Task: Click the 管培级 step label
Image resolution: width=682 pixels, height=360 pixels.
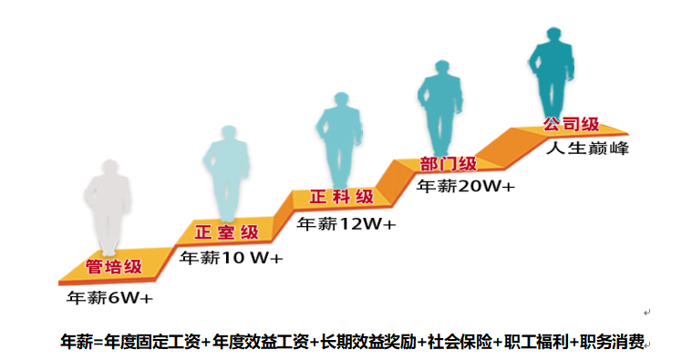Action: pyautogui.click(x=114, y=267)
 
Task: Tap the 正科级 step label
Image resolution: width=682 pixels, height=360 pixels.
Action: pyautogui.click(x=341, y=197)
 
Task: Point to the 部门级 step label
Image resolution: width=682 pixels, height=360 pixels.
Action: pyautogui.click(x=448, y=164)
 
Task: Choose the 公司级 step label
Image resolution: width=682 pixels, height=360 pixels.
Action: pyautogui.click(x=573, y=125)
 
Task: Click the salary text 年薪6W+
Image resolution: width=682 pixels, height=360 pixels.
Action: pyautogui.click(x=108, y=297)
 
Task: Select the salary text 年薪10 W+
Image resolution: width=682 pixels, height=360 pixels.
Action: pyautogui.click(x=232, y=258)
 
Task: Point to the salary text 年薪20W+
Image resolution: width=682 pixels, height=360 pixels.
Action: pyautogui.click(x=465, y=185)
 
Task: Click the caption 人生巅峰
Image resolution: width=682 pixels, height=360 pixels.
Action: pyautogui.click(x=588, y=148)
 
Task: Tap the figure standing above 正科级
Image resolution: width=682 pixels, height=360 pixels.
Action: pyautogui.click(x=339, y=141)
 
